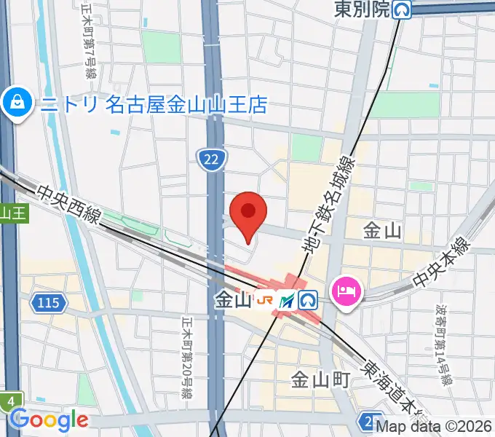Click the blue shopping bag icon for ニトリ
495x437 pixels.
pos(16,105)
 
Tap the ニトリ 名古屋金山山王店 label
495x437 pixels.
pos(154,105)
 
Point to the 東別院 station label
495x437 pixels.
pos(363,9)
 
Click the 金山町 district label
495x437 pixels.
pos(321,379)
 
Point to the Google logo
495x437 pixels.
pos(49,420)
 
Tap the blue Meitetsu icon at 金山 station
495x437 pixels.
pos(288,299)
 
